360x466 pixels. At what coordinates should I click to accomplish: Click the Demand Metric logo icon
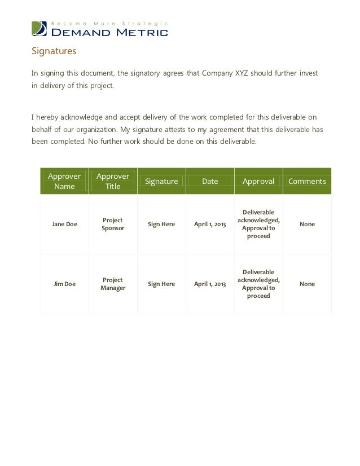click(x=39, y=28)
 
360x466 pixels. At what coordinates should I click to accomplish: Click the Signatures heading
click(x=53, y=52)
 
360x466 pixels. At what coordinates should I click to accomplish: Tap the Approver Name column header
click(x=64, y=181)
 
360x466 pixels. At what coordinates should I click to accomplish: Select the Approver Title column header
click(x=113, y=181)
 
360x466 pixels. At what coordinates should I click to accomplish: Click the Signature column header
click(x=161, y=181)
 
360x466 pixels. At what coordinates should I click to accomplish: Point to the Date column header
click(x=210, y=181)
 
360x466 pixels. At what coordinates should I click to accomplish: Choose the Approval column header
click(x=258, y=181)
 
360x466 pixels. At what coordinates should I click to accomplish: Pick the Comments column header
click(x=307, y=181)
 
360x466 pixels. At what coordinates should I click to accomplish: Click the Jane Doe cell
click(x=64, y=224)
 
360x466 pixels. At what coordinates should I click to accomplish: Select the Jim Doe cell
click(x=64, y=284)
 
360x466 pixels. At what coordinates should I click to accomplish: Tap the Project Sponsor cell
click(x=113, y=224)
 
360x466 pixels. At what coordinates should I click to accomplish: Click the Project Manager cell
click(x=113, y=284)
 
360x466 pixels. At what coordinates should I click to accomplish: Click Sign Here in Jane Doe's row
click(x=161, y=224)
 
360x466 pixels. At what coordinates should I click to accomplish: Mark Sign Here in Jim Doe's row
click(x=161, y=284)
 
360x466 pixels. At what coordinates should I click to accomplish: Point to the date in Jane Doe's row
click(x=210, y=224)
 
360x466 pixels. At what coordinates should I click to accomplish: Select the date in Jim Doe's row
click(x=210, y=284)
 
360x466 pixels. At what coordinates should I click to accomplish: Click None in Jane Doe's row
click(x=307, y=224)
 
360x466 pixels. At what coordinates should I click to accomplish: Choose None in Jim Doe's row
click(x=307, y=284)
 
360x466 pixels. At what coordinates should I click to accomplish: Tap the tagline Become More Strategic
click(x=110, y=23)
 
